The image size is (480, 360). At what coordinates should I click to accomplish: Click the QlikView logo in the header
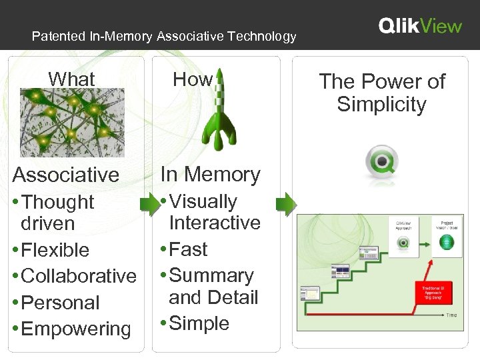420,26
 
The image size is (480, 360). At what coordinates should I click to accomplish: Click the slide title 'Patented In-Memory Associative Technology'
164,37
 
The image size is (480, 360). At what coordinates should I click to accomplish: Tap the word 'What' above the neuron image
71,79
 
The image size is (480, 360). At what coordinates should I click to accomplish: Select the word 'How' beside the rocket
193,79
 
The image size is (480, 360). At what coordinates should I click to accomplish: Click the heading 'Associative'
66,175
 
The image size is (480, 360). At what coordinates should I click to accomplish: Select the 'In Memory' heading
211,174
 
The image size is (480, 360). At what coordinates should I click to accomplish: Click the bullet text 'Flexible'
55,250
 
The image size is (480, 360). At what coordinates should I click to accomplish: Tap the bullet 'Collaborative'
79,276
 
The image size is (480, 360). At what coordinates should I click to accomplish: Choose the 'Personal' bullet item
60,302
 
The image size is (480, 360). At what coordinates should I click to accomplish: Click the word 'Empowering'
76,329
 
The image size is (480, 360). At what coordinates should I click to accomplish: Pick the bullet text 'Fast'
189,249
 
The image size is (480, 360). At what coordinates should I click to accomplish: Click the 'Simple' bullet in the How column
199,323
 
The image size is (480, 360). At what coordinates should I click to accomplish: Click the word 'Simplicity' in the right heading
381,105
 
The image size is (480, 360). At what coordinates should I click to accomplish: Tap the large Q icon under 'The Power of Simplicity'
382,163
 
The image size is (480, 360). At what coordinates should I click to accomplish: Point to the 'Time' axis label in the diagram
451,314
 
